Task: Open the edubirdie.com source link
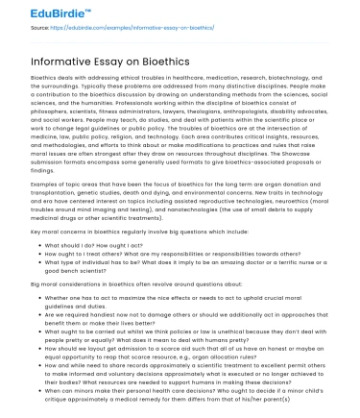(x=133, y=28)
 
